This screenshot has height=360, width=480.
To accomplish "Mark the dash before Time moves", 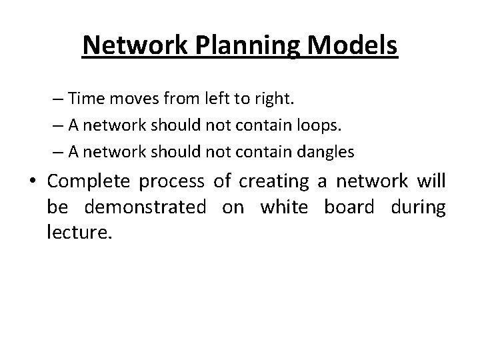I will tap(59, 100).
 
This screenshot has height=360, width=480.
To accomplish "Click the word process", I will tap(174, 182).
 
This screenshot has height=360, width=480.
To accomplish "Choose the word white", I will tap(284, 207).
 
